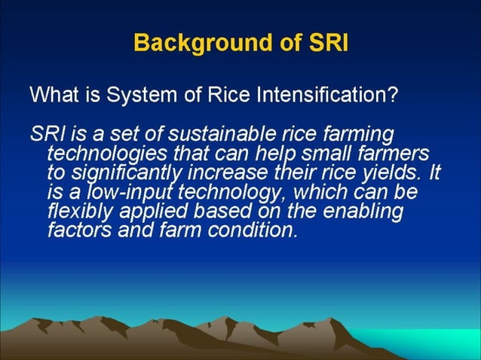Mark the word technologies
click(101, 154)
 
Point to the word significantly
click(124, 173)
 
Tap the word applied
click(148, 212)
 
